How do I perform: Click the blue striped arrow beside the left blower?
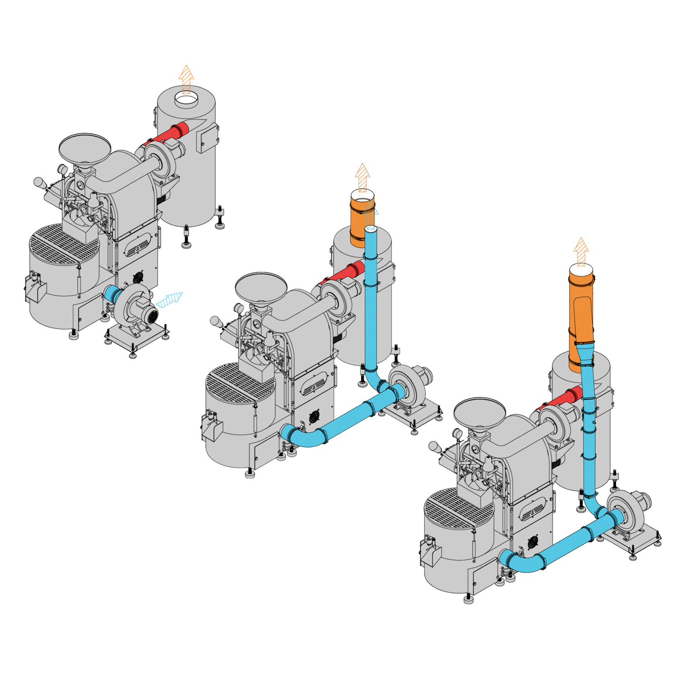pos(170,300)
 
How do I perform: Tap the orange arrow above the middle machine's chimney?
pos(363,177)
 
